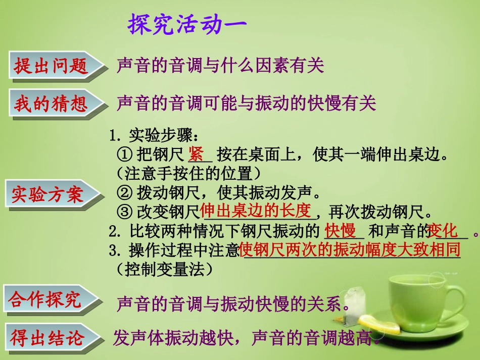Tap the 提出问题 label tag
click(x=51, y=66)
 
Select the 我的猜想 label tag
click(x=51, y=104)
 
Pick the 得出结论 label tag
click(x=47, y=338)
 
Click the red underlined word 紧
click(x=196, y=153)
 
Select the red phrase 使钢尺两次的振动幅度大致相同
click(x=350, y=249)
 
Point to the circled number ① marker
click(x=125, y=154)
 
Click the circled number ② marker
click(x=125, y=192)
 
